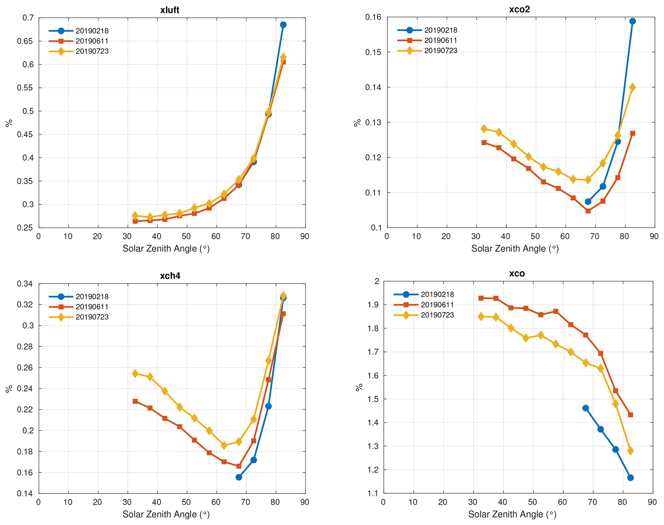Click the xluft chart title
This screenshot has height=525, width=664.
(170, 10)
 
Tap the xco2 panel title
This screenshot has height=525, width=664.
(519, 9)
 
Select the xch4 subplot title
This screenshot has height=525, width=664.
(170, 276)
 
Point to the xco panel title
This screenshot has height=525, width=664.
(517, 273)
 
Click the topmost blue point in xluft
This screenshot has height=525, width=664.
(283, 25)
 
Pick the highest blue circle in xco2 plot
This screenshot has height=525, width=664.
(632, 21)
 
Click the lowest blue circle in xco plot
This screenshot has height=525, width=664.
(630, 478)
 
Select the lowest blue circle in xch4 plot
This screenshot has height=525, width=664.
(239, 477)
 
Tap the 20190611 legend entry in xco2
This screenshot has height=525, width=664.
(440, 40)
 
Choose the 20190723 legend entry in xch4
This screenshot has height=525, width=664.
(92, 317)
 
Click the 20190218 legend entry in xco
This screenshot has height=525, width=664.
(437, 294)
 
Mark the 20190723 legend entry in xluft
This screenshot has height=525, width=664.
(92, 51)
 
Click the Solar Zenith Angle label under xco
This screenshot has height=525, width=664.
(512, 514)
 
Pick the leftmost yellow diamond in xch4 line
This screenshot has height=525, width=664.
(135, 374)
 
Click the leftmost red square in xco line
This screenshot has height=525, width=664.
(481, 298)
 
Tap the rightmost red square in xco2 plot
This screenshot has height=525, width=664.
(632, 133)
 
